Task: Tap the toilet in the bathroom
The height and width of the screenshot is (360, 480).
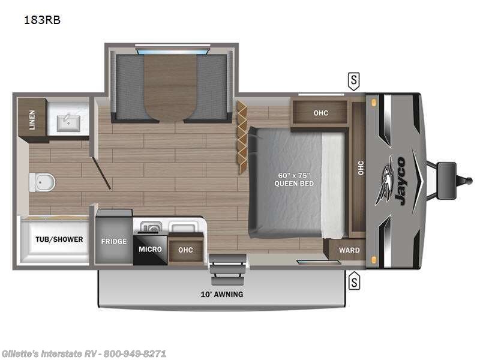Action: coord(41,182)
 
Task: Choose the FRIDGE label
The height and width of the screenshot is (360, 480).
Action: coord(113,241)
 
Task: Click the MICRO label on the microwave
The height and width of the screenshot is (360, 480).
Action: coord(149,248)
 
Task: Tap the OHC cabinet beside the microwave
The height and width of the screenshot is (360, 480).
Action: coord(186,250)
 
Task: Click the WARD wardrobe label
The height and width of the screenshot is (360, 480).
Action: coord(349,250)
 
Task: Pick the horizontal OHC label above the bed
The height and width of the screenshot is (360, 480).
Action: coord(320,113)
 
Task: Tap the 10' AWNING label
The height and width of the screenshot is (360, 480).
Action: coord(221,294)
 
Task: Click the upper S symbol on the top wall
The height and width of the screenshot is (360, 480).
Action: coord(354,79)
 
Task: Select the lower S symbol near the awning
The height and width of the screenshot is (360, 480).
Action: coord(354,279)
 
